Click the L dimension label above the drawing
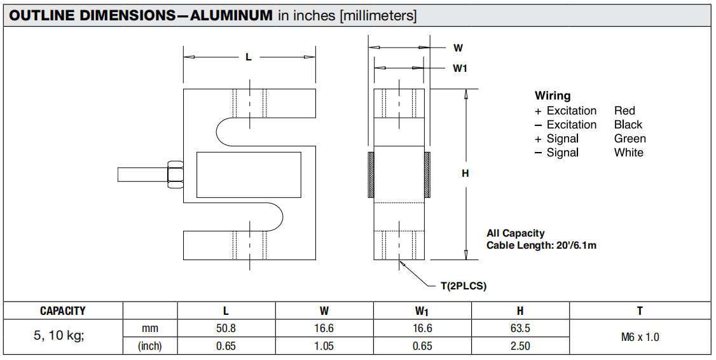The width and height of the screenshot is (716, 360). coord(249,57)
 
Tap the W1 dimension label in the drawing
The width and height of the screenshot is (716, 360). coord(460,68)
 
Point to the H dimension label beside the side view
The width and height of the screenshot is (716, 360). coord(465,173)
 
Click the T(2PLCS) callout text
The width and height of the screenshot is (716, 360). coord(464,286)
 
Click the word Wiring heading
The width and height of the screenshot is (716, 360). coord(553,96)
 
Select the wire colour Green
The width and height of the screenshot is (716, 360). coord(630,139)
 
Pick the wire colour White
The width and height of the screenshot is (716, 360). coord(628,153)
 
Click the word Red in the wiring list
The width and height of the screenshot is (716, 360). coord(624,111)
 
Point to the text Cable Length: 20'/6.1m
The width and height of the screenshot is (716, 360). coord(541,246)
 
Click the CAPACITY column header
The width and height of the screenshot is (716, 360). coord(62,311)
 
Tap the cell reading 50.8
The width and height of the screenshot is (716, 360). coord(226,328)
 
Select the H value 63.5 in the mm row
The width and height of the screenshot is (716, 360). coord(520,328)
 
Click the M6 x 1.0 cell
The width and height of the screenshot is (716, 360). coord(640,337)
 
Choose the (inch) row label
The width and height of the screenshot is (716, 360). coord(149,346)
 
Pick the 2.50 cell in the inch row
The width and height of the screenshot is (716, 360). coord(520,346)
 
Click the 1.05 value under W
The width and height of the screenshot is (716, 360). coord(324,346)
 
